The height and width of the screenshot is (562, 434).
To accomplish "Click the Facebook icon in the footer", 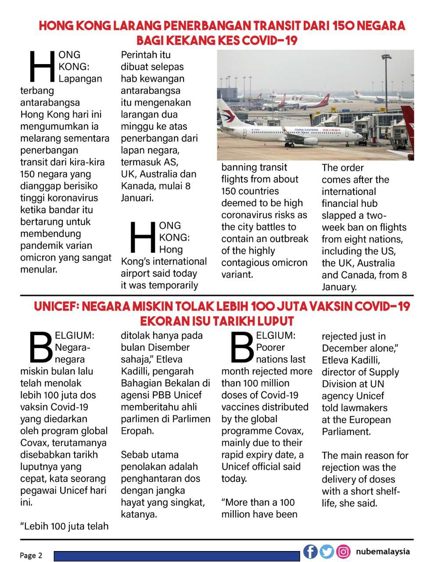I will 310,551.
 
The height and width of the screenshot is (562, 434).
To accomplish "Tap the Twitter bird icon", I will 327,551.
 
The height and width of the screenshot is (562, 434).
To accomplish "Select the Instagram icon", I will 344,551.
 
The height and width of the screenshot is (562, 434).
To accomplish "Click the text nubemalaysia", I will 383,551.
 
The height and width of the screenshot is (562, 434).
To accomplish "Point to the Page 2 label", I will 31,555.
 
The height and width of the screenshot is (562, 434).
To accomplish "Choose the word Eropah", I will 137,431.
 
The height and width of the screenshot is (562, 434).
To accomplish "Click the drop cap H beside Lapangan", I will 41,67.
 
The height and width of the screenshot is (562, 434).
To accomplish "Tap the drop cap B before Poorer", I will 242,347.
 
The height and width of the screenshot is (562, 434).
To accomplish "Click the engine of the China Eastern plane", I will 310,141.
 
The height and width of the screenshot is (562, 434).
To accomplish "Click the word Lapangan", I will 80,79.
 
